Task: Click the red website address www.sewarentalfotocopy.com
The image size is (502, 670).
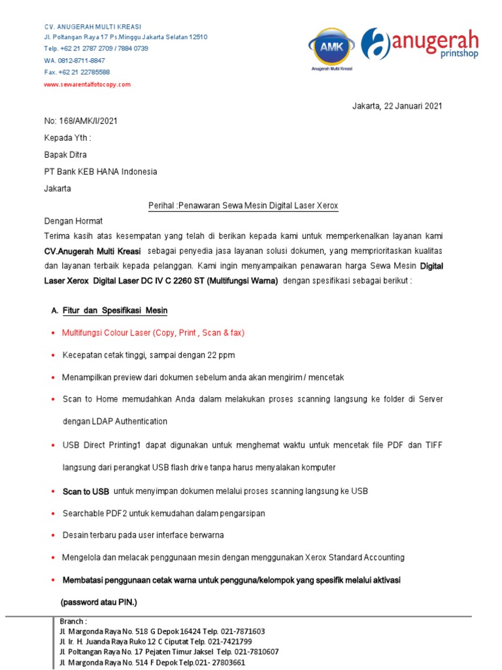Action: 88,84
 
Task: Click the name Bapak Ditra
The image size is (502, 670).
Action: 65,155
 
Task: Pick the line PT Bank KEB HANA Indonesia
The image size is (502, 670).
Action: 101,172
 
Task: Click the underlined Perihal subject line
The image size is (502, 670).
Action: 243,206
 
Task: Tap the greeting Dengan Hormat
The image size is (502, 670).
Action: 73,221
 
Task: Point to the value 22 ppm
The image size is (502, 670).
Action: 221,355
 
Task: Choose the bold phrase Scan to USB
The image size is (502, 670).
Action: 86,491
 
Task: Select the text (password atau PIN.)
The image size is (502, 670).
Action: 99,602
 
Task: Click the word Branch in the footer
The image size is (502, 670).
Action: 73,621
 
